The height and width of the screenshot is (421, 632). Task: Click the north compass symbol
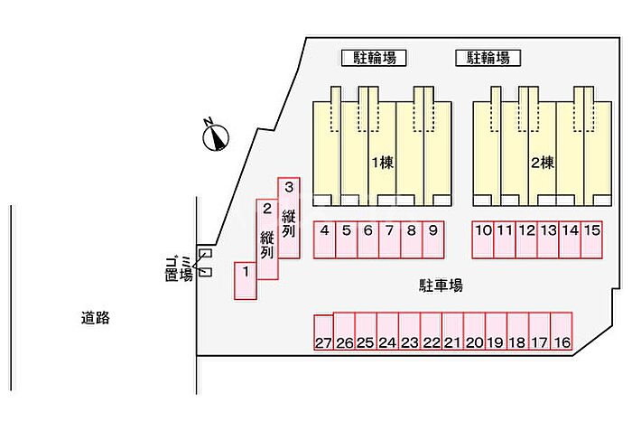click(x=216, y=136)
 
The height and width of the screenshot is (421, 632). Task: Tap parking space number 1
click(x=245, y=280)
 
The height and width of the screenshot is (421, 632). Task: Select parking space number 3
click(x=288, y=217)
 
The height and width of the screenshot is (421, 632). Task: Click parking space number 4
click(x=324, y=239)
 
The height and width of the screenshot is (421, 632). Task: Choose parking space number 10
click(x=484, y=239)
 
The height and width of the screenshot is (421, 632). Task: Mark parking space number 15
click(x=592, y=239)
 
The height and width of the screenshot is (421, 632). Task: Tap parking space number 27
click(x=324, y=332)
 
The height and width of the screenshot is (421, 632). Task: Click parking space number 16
click(x=562, y=332)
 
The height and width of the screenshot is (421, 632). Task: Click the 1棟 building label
click(x=381, y=164)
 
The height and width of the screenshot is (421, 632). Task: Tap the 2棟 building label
click(x=542, y=164)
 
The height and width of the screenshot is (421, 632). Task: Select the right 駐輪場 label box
click(x=488, y=58)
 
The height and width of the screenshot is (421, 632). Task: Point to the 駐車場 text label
click(x=441, y=286)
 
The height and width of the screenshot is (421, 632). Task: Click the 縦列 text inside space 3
click(x=289, y=223)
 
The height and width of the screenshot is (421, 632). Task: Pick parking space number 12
click(x=527, y=239)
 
